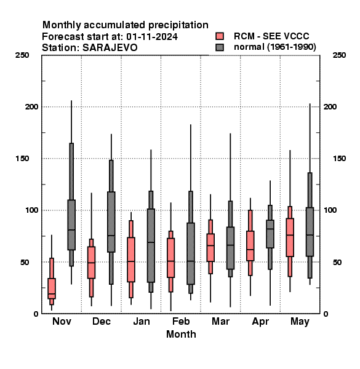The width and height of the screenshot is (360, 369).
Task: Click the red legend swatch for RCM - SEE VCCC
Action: click(220, 36)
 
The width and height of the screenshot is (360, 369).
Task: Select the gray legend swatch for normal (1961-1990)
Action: click(220, 47)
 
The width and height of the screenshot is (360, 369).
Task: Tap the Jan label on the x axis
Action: click(142, 321)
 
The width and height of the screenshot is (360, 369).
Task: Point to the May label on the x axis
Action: click(300, 322)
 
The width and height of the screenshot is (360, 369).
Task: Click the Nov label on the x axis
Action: click(62, 321)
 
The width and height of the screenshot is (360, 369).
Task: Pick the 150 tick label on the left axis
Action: click(22, 159)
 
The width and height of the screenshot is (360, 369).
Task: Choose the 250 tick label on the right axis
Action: click(339, 55)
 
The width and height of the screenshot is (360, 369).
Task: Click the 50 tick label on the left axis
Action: click(25, 262)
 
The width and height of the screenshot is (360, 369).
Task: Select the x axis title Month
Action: click(181, 334)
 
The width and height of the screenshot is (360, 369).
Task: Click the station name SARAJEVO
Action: click(110, 48)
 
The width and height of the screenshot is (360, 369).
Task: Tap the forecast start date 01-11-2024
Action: click(152, 37)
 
